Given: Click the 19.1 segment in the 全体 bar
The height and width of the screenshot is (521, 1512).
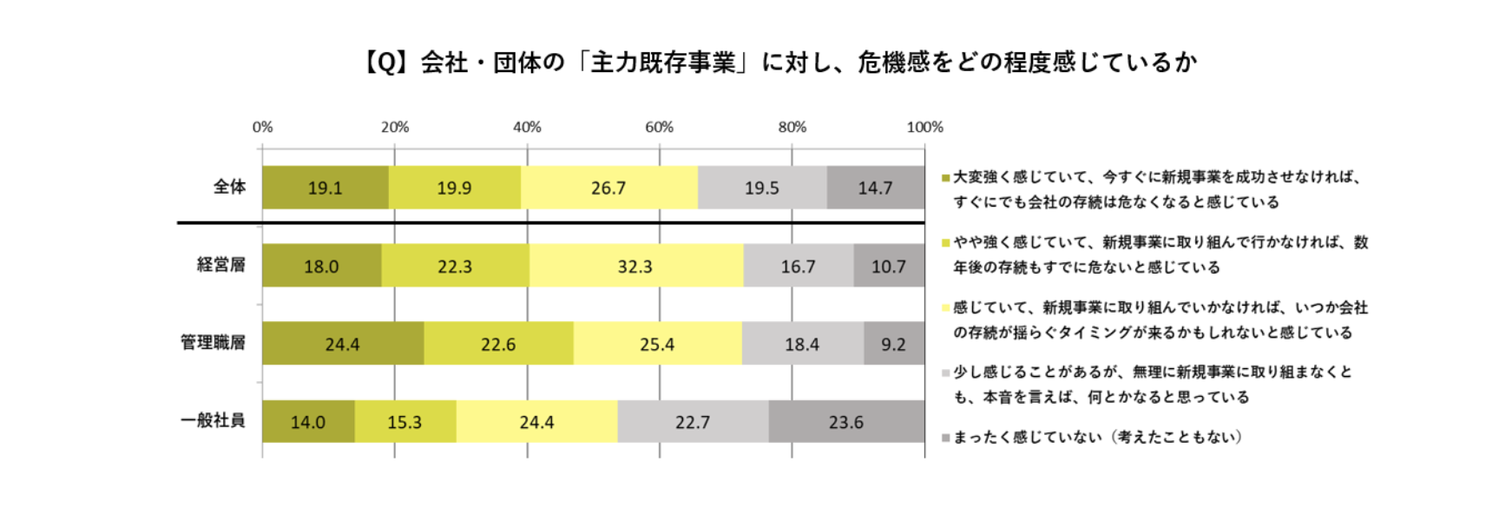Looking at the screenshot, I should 325,188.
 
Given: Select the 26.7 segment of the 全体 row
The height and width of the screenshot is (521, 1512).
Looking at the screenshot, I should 608,188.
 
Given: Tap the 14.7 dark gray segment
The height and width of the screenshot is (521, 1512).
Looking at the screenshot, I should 875,188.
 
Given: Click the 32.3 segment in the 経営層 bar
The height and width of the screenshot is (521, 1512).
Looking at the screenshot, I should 635,266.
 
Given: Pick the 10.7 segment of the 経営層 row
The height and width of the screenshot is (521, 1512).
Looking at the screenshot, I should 889,266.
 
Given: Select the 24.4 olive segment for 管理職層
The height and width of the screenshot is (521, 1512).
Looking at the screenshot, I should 342,344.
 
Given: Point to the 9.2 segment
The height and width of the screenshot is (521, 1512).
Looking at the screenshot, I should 893,344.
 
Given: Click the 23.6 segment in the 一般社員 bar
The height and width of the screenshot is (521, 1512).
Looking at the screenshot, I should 845,422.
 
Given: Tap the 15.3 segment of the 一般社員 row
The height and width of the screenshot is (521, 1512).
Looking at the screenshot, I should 404,422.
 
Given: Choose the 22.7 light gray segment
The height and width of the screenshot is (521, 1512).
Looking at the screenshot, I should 693,422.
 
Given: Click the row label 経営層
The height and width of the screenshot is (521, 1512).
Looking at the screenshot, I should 221,265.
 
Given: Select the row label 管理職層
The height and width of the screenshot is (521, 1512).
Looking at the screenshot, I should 214,343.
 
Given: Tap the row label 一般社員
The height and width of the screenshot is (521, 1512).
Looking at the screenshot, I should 214,421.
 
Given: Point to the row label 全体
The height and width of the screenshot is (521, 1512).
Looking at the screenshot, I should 230,187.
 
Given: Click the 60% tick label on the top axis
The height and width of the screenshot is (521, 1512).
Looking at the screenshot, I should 659,127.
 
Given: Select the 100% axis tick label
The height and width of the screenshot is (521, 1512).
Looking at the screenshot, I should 924,127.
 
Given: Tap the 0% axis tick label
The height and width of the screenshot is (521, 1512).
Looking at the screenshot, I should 262,127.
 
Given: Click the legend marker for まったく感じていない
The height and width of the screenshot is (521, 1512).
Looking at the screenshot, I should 945,438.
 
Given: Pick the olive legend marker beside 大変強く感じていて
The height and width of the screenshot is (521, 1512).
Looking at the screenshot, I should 945,178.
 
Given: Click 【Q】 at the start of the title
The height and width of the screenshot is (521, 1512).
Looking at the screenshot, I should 385,63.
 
